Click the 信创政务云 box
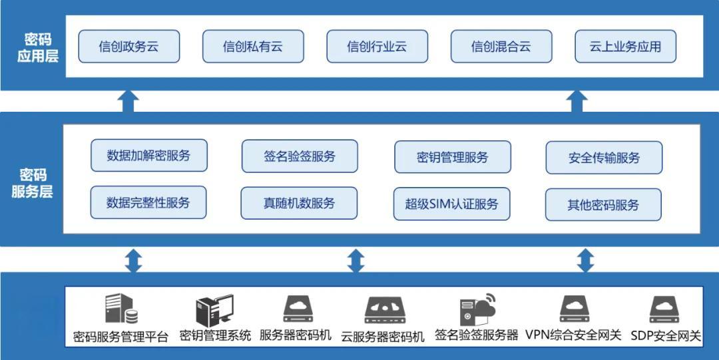point(129,47)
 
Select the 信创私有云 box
point(253,47)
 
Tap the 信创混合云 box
point(501,47)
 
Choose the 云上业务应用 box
point(625,47)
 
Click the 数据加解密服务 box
point(148,156)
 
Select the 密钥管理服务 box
point(453,157)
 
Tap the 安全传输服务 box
point(604,158)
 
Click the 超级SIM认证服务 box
point(452,204)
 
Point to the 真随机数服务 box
point(300,204)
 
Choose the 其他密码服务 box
point(603,204)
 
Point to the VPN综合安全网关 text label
point(573,335)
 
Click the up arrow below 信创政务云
point(128,101)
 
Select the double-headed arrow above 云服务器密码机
point(356,260)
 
